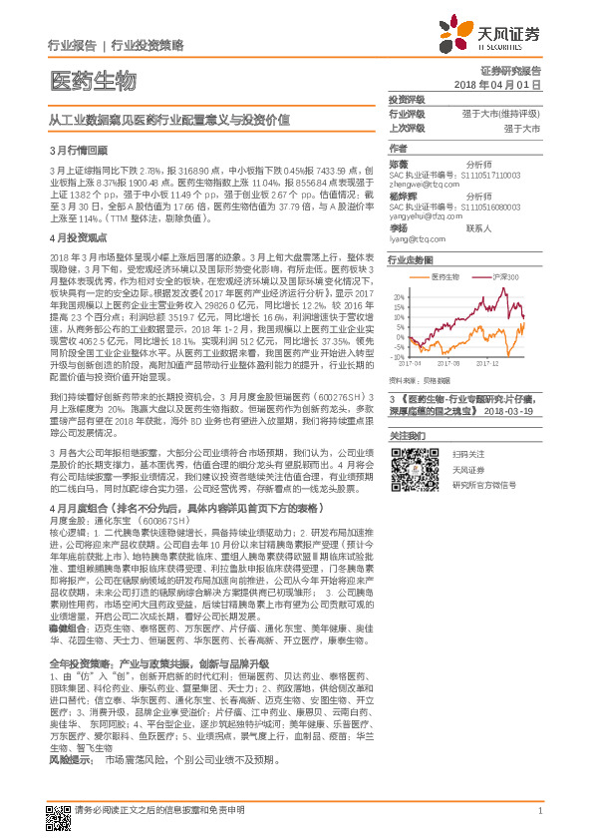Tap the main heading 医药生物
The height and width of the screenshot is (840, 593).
[x=93, y=80]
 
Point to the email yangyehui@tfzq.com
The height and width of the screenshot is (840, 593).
[x=424, y=214]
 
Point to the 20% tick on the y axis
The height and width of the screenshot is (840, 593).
[x=398, y=298]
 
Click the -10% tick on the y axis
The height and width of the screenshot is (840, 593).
[x=398, y=356]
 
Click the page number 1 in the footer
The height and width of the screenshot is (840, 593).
[x=539, y=811]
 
